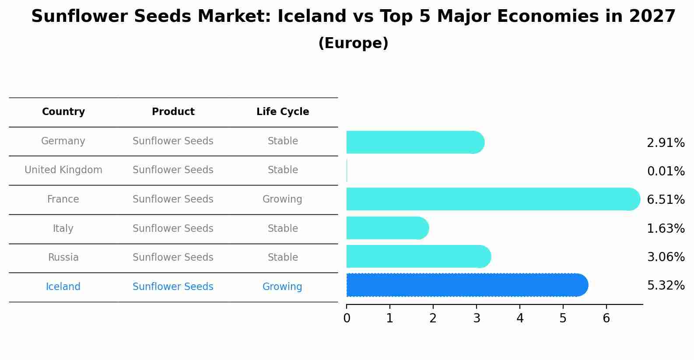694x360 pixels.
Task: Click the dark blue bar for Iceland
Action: pos(466,285)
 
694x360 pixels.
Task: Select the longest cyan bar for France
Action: pos(493,199)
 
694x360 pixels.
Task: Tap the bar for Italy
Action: pos(387,228)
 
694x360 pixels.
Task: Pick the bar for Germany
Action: pos(415,142)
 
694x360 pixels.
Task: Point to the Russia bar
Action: pos(418,256)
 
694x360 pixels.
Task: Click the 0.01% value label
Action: pos(666,171)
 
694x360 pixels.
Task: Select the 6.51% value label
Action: pos(666,200)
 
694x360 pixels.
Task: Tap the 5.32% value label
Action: pos(666,286)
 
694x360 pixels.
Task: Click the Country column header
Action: pos(63,112)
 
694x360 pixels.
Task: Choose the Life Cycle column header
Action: pos(283,112)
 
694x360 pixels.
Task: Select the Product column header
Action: pos(173,112)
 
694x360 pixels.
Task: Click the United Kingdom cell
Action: pos(63,170)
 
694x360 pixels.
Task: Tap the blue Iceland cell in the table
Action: pos(63,287)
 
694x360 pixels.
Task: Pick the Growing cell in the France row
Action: pos(282,199)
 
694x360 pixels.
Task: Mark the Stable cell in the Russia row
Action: pos(283,258)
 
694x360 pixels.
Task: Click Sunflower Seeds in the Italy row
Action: pos(173,229)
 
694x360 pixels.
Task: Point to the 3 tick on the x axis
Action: pos(477,318)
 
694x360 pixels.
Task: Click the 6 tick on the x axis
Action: pos(606,318)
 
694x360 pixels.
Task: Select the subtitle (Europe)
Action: pos(353,43)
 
